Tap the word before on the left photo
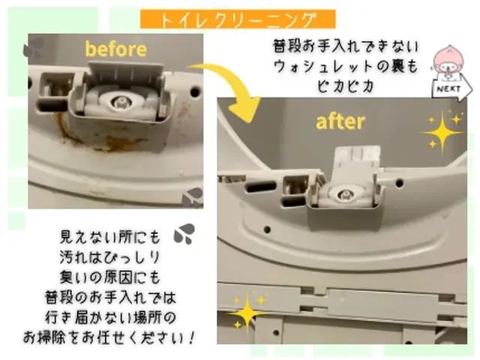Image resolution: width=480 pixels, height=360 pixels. click(x=115, y=49)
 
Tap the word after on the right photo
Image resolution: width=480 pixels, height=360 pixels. click(x=340, y=121)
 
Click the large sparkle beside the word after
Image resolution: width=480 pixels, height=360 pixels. click(x=443, y=131)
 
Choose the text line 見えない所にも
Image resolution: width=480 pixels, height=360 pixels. click(x=110, y=239)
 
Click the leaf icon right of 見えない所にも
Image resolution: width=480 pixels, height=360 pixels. click(x=184, y=235)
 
